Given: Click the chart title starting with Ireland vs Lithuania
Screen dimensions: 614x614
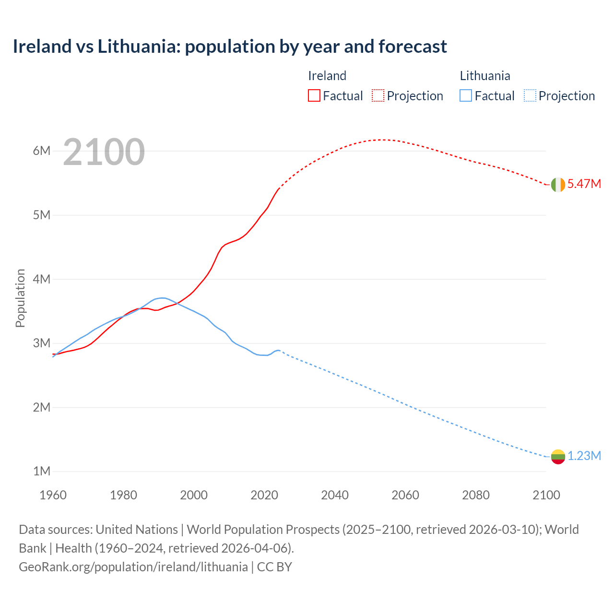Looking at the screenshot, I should pyautogui.click(x=230, y=47).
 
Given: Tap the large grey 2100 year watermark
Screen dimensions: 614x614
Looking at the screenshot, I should pyautogui.click(x=104, y=152).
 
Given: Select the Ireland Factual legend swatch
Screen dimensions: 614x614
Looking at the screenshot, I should pyautogui.click(x=314, y=95).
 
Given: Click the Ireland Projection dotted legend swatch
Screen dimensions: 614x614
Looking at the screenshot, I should pyautogui.click(x=378, y=95).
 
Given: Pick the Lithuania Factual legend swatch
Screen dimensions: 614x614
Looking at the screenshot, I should pyautogui.click(x=466, y=95).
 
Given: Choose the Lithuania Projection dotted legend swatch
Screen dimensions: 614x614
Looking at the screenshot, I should pyautogui.click(x=530, y=95).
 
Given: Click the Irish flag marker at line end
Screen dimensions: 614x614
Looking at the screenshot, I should pyautogui.click(x=558, y=184).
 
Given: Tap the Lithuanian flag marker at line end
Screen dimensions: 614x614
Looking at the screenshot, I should pyautogui.click(x=558, y=456).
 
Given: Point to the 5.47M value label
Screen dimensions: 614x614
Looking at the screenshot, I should pyautogui.click(x=584, y=184).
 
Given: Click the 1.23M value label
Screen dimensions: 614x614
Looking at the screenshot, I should pyautogui.click(x=584, y=456).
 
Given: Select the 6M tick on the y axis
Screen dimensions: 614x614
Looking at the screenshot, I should pyautogui.click(x=42, y=151).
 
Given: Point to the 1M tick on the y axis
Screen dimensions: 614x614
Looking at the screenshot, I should pyautogui.click(x=42, y=472).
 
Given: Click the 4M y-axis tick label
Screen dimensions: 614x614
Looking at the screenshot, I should pyautogui.click(x=42, y=279).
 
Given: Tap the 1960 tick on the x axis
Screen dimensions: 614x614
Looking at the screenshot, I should pyautogui.click(x=53, y=495).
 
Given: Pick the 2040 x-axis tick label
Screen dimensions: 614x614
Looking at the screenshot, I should pyautogui.click(x=335, y=495).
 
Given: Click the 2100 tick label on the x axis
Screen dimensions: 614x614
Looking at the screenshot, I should pyautogui.click(x=546, y=495).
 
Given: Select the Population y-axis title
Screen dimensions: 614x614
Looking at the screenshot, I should pyautogui.click(x=20, y=298).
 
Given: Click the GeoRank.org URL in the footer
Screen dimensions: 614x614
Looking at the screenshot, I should pyautogui.click(x=133, y=567).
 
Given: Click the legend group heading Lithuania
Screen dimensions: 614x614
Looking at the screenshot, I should pyautogui.click(x=485, y=76).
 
